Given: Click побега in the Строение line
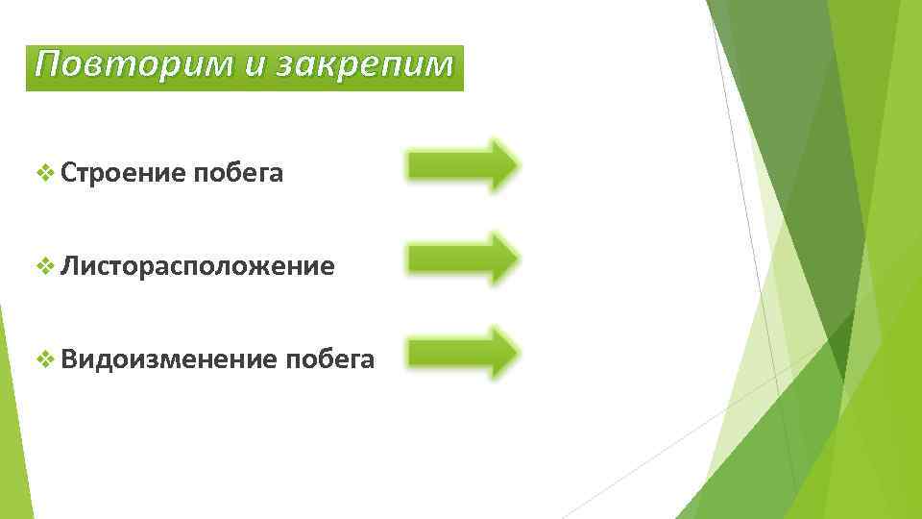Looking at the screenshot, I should pos(238,173).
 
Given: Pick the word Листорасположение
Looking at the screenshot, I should pos(197,266).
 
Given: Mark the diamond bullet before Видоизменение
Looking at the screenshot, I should pos(43,359).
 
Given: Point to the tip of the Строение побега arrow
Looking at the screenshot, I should pos(517,165).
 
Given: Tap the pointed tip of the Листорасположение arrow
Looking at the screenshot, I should pos(517,258).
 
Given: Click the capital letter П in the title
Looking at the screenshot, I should pos(45,65).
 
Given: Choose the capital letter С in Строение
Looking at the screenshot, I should pos(67,173).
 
